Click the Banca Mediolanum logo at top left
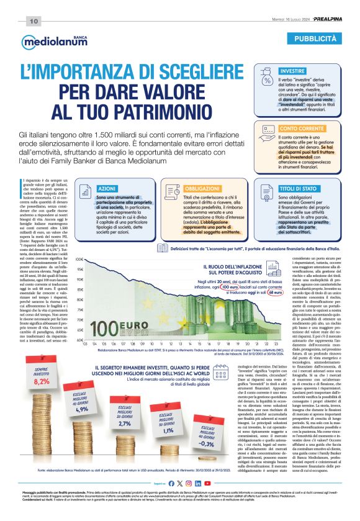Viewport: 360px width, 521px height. tap(47, 42)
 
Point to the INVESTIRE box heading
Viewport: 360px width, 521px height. tap(292, 71)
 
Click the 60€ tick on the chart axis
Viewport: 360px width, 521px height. tap(80, 340)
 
